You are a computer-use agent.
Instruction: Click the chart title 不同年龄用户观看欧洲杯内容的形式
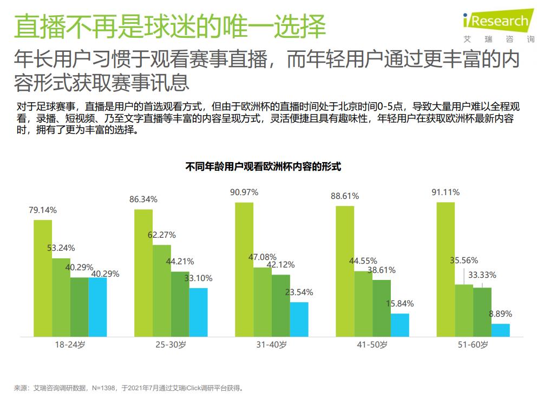(x=263, y=166)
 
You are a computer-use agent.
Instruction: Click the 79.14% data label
(x=43, y=210)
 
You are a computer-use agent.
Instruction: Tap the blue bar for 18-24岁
(x=97, y=306)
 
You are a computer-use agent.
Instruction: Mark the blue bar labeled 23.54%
(x=299, y=319)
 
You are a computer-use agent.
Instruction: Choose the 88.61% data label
(x=345, y=196)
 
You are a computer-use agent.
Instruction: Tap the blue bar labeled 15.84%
(x=400, y=324)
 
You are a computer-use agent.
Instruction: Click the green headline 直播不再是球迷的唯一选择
(x=170, y=27)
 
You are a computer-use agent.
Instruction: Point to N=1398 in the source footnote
(x=105, y=388)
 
